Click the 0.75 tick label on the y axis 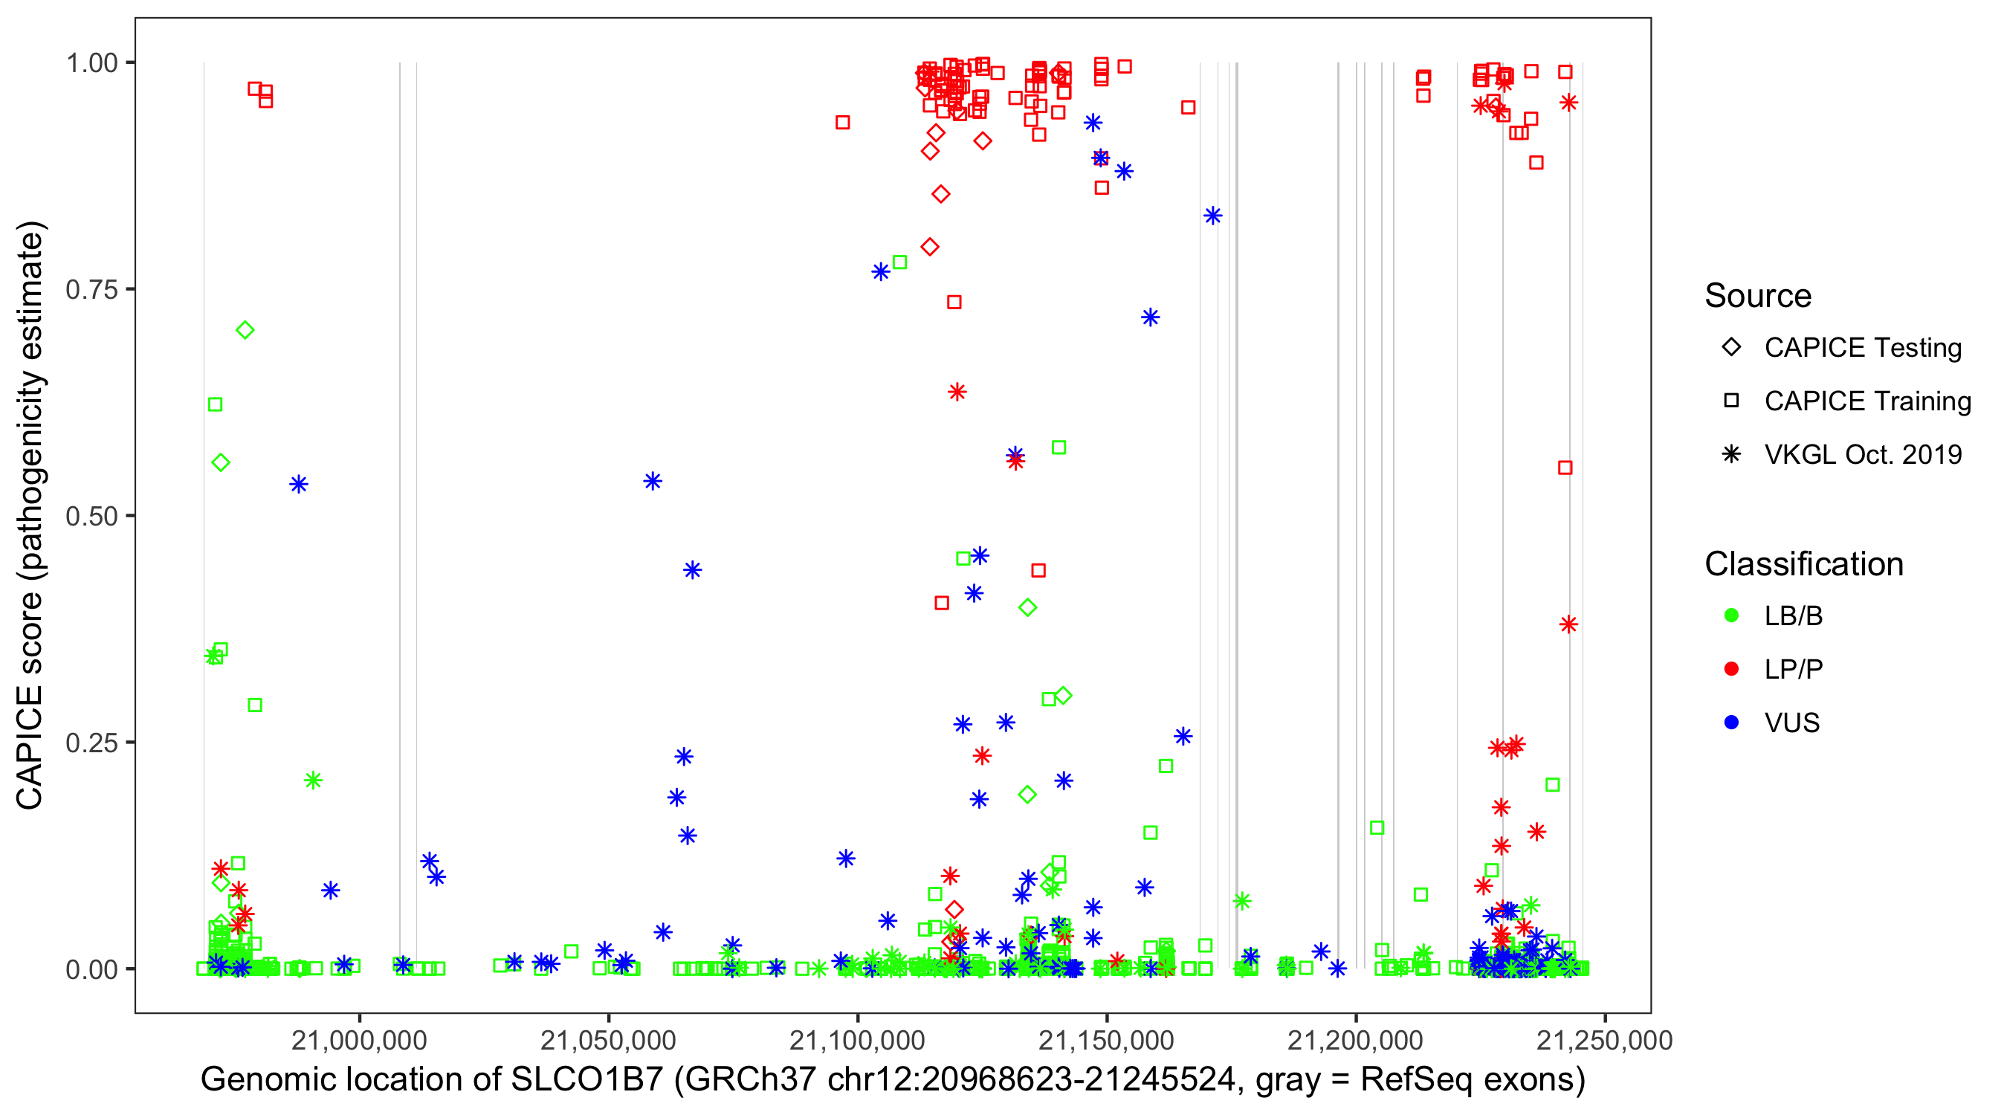pos(91,289)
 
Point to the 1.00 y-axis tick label pos(91,62)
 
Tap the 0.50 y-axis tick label pos(91,516)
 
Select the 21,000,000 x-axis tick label pos(360,1040)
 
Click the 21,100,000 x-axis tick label pos(858,1040)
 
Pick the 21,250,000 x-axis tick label pos(1604,1040)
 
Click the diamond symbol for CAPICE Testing pos(1731,348)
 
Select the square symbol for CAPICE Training pos(1731,401)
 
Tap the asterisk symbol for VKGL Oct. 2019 pos(1731,454)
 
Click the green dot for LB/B pos(1731,615)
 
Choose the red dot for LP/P pos(1731,669)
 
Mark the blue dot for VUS pos(1731,723)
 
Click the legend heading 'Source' pos(1758,296)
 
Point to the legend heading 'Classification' pos(1803,564)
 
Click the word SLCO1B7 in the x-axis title pos(586,1080)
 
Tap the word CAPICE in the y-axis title pos(30,748)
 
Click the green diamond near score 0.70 pos(245,330)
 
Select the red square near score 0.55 pos(1565,468)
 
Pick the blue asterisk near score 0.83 pos(1212,216)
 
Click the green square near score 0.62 pos(215,404)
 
